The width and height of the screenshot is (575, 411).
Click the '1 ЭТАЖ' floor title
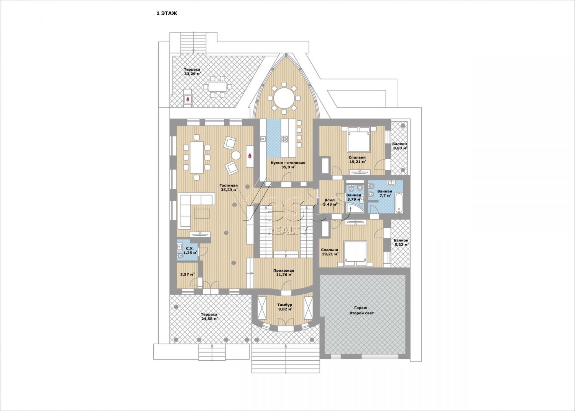(x=167, y=13)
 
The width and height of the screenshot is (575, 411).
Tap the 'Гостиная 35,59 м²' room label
(x=229, y=188)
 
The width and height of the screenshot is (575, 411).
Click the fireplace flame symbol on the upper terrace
(x=188, y=99)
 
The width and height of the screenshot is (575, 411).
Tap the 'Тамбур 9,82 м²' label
(x=285, y=307)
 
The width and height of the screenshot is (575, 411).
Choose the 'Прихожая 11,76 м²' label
(x=284, y=272)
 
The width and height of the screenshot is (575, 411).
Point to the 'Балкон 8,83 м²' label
(x=399, y=146)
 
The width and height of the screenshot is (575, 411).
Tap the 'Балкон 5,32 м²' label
(x=401, y=243)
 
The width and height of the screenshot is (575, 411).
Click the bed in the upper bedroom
(x=358, y=140)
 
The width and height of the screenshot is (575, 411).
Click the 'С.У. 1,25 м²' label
(x=190, y=251)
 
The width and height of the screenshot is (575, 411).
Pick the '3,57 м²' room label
(x=187, y=274)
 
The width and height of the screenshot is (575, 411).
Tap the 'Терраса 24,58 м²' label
(x=209, y=317)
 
